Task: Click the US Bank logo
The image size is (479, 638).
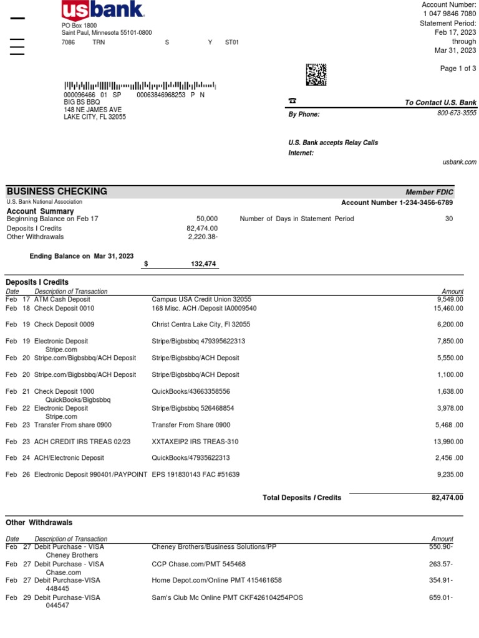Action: [103, 10]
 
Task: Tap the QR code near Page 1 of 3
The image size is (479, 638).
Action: [316, 74]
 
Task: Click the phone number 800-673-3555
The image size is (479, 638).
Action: [457, 113]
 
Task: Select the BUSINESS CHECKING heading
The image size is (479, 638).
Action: [57, 191]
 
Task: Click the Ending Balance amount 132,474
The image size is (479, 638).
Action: [203, 264]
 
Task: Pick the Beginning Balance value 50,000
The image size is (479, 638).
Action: [207, 219]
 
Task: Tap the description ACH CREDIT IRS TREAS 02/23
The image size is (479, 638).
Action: [82, 442]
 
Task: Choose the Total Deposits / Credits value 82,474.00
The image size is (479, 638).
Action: [447, 497]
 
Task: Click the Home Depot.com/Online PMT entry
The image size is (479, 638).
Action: [216, 580]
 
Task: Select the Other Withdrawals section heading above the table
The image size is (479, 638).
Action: [39, 522]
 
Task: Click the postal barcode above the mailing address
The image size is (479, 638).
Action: [140, 85]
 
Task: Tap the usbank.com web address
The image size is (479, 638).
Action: [459, 162]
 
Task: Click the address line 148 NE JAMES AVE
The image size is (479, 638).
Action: [93, 110]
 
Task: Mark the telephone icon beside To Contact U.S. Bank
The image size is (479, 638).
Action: [292, 100]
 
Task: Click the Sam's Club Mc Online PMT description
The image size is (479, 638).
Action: [227, 598]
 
